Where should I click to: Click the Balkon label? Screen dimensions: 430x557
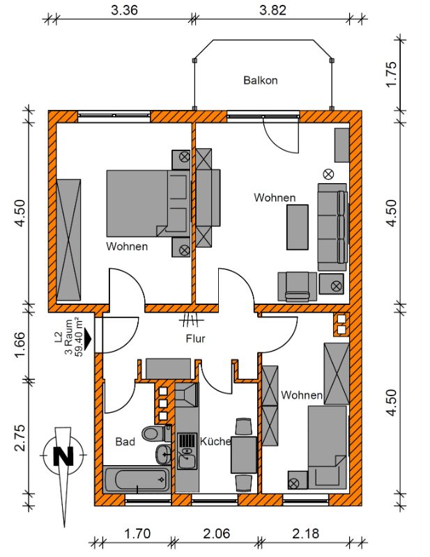(x=261, y=80)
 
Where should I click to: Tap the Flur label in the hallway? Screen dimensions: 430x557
(x=196, y=338)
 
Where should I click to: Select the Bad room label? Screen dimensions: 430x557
(x=125, y=441)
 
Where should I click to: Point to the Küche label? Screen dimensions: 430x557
(x=215, y=441)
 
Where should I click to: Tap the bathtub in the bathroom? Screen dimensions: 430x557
(x=137, y=480)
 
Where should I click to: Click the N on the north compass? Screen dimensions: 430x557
(x=63, y=456)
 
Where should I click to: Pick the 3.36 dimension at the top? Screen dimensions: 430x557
(x=124, y=10)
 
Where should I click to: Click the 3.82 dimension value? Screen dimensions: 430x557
(x=272, y=10)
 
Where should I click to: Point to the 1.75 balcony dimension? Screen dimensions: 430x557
(x=390, y=74)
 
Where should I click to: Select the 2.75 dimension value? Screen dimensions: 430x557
(x=20, y=438)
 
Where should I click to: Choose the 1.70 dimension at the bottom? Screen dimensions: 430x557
(x=137, y=533)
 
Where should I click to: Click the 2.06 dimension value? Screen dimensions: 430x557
(x=217, y=533)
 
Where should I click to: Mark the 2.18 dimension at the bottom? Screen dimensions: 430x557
(x=306, y=533)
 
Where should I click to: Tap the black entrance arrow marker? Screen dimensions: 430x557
(x=88, y=338)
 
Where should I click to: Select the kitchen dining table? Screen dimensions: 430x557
(x=244, y=455)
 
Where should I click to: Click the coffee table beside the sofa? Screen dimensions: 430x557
(x=298, y=227)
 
